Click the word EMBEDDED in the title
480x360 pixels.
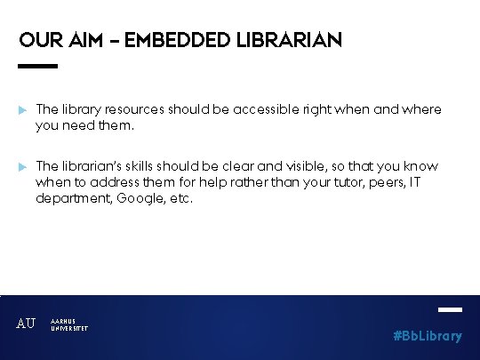[173, 41]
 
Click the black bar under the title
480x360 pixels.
[37, 66]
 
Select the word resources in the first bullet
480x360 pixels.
[129, 109]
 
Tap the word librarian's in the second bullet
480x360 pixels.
[94, 166]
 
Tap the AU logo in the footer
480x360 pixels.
[27, 324]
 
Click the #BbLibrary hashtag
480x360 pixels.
[428, 336]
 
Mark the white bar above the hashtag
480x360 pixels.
[451, 309]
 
